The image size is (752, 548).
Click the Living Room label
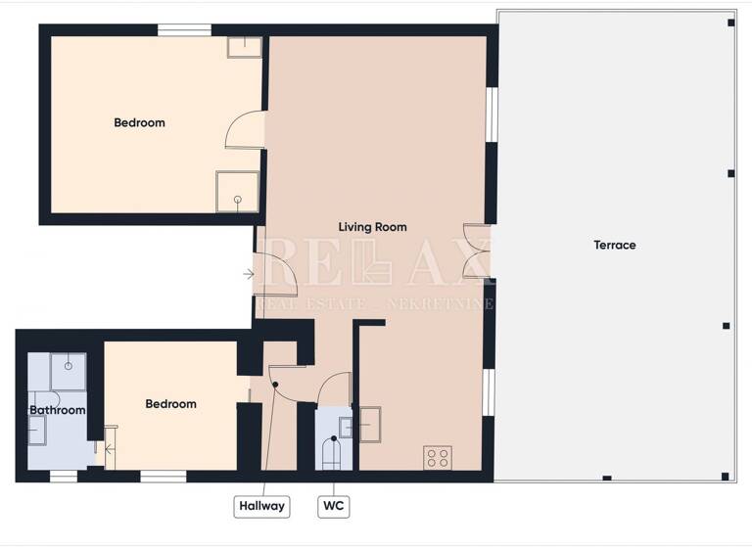click(x=372, y=227)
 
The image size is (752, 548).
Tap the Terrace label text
click(x=614, y=245)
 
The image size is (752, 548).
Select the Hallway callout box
click(x=261, y=506)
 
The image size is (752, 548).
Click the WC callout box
click(x=333, y=506)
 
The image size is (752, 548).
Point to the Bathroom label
click(x=57, y=410)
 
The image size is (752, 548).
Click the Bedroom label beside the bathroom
click(x=170, y=403)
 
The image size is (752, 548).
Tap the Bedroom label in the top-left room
click(x=139, y=122)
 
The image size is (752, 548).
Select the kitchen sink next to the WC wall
click(x=370, y=425)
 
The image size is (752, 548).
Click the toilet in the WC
click(x=332, y=454)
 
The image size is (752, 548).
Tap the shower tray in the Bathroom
click(x=68, y=371)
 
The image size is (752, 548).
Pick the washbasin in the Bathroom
click(x=37, y=430)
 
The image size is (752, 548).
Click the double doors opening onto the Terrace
click(x=478, y=252)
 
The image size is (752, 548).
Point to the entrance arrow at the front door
click(x=249, y=274)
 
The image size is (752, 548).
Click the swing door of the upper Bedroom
click(x=245, y=130)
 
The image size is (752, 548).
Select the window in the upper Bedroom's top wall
click(x=184, y=30)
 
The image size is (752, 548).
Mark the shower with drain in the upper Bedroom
click(x=237, y=191)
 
